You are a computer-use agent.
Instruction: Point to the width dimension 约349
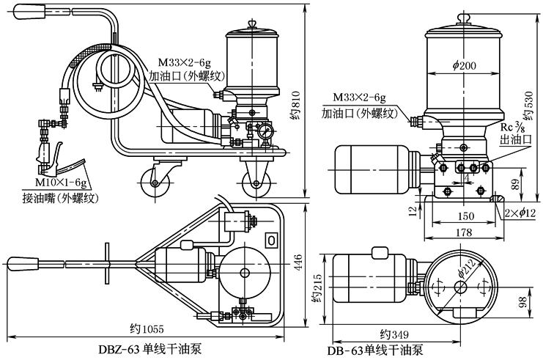pyautogui.click(x=398, y=332)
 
